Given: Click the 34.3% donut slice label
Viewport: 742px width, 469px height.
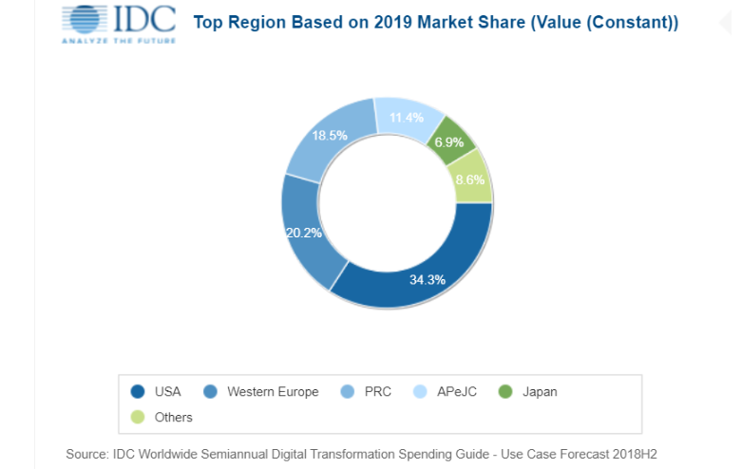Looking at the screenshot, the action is [x=428, y=280].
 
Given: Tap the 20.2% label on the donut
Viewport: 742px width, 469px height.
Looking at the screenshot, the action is [x=304, y=233].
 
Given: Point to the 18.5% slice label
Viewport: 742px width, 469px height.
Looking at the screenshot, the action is [x=330, y=136].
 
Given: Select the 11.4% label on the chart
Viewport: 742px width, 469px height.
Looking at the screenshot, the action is [x=407, y=118].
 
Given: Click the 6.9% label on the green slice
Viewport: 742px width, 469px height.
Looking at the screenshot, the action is [x=449, y=142].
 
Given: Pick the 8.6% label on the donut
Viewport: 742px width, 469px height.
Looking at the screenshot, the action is [x=470, y=179].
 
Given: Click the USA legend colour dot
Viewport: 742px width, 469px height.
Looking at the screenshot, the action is [x=138, y=391].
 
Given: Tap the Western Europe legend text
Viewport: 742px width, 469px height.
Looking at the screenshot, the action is [x=273, y=392].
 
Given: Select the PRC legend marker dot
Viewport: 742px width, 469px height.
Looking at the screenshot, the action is [x=348, y=391].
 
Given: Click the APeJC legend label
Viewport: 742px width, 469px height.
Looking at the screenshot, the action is [x=457, y=392].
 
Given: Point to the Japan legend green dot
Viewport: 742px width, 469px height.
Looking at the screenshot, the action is [x=505, y=391].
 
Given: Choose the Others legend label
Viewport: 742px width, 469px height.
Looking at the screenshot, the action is [x=174, y=418].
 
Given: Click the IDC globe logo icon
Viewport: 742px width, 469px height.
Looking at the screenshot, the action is [x=86, y=19].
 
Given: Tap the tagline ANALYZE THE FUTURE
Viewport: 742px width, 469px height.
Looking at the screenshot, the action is [x=119, y=41].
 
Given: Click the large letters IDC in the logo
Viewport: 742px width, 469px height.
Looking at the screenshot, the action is [x=144, y=19].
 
